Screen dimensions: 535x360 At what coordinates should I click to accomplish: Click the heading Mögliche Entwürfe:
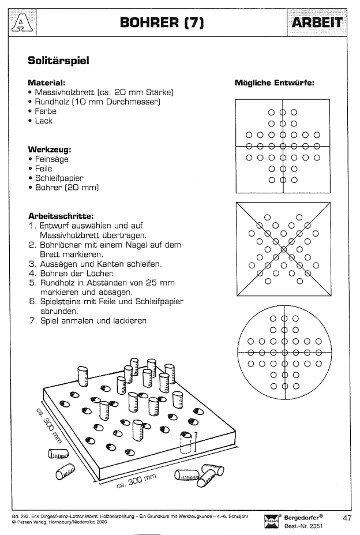click(274, 83)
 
